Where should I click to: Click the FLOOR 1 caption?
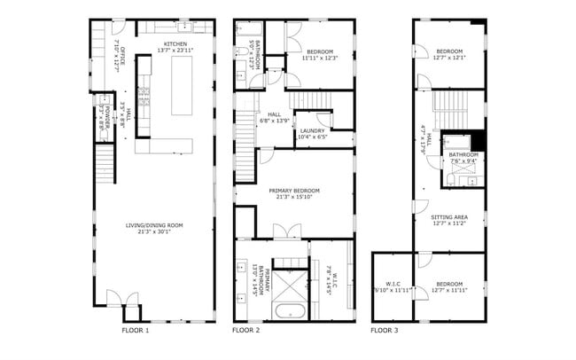[136, 330]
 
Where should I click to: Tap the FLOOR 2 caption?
[246, 330]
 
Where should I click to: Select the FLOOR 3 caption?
[385, 330]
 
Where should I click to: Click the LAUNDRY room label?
[312, 130]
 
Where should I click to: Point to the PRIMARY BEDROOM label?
[294, 190]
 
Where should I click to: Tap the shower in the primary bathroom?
[288, 283]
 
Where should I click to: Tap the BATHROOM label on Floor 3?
[463, 154]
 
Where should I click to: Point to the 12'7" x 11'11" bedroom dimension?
[448, 291]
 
